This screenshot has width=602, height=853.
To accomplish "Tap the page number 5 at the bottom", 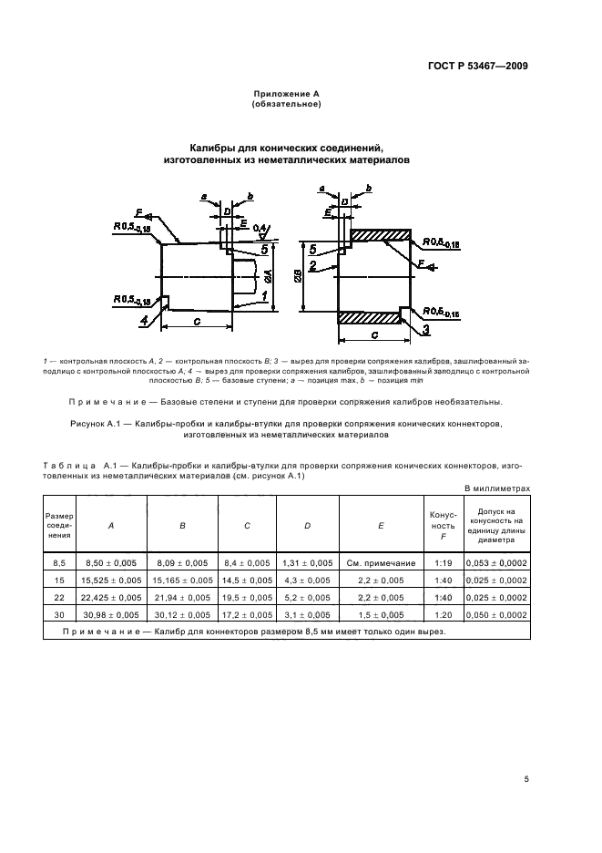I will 526,778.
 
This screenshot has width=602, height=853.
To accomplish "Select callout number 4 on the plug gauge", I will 144,320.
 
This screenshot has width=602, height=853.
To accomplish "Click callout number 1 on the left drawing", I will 264,296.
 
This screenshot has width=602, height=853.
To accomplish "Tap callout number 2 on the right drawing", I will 311,265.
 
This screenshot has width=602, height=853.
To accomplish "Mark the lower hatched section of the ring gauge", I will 369,317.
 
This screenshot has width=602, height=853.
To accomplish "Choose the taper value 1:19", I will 441,563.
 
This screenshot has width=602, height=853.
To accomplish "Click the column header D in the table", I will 307,525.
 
